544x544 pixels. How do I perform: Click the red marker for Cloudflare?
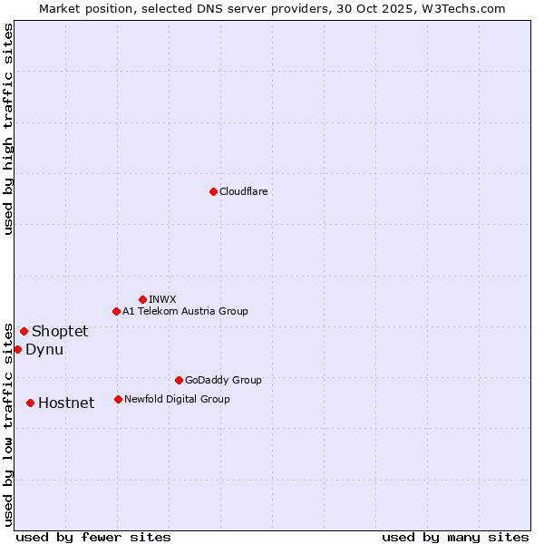tap(213, 191)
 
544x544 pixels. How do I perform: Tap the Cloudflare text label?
tap(243, 191)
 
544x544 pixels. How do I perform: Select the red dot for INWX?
tap(142, 299)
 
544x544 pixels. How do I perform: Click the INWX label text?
tap(162, 299)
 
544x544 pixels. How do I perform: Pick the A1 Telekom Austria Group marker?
tap(116, 311)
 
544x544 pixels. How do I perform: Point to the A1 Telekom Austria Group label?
tap(185, 311)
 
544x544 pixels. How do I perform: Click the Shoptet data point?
tap(24, 331)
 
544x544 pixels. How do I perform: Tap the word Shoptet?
tap(60, 331)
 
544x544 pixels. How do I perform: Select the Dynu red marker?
tap(17, 349)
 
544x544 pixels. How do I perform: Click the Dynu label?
tap(44, 349)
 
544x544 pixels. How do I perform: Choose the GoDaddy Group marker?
tap(179, 380)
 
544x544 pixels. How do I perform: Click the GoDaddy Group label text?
tap(222, 380)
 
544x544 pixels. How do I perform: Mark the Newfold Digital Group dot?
tap(118, 399)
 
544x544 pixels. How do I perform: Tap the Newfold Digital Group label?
tap(177, 399)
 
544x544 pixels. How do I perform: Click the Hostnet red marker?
tap(30, 403)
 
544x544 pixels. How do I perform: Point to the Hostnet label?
tap(66, 403)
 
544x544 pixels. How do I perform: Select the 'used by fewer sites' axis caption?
tap(93, 537)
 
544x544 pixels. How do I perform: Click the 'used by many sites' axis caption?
tap(455, 537)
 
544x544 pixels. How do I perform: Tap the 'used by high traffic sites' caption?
tap(8, 129)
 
